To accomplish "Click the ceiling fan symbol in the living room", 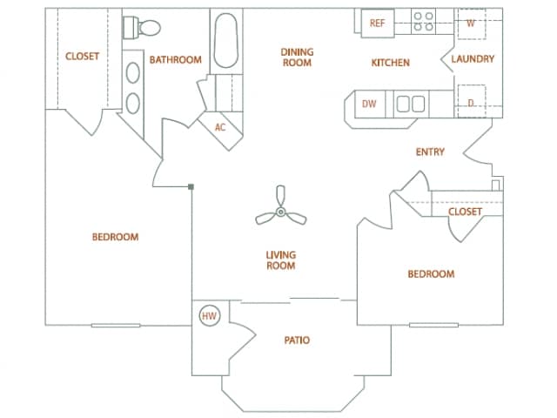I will [x=280, y=212].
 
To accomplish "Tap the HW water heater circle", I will [x=209, y=316].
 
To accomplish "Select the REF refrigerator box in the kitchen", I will [x=377, y=24].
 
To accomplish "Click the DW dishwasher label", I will [x=369, y=104].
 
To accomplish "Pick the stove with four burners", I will [x=423, y=22].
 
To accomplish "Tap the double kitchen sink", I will [x=410, y=104].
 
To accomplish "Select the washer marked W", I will [x=471, y=24].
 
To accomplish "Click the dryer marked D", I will [x=471, y=102].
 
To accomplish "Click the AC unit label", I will [x=220, y=127].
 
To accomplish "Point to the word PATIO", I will [x=297, y=340].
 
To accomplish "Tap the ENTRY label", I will [x=430, y=152].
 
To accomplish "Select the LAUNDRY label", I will [x=473, y=60].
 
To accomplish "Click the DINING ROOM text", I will [x=297, y=57].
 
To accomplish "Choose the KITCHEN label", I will [x=390, y=63].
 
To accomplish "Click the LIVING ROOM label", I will [x=281, y=260].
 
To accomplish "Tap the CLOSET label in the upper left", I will [x=83, y=57].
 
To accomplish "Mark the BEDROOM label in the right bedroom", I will [x=431, y=274].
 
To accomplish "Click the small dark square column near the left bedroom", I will [x=191, y=185].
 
